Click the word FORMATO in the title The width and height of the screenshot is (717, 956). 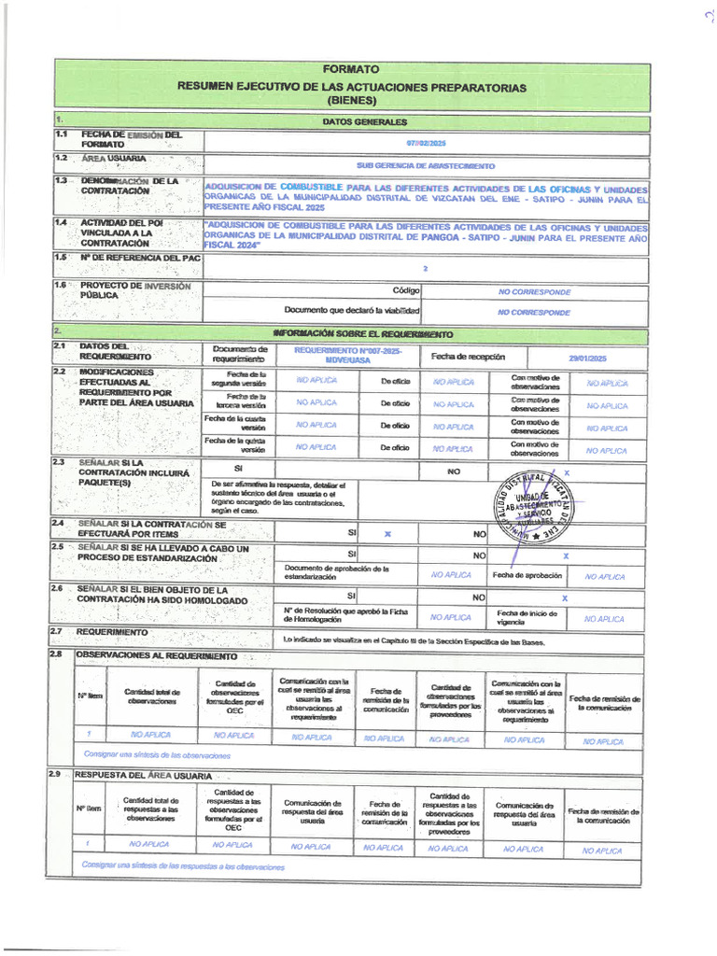pyautogui.click(x=351, y=69)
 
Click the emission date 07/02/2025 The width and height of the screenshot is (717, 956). pyautogui.click(x=427, y=142)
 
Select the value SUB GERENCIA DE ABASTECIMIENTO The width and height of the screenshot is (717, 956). pyautogui.click(x=426, y=165)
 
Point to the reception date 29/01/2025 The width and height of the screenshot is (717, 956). pyautogui.click(x=587, y=358)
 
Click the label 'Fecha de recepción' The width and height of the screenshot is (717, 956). pyautogui.click(x=468, y=357)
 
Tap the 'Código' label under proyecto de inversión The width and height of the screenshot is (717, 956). pyautogui.click(x=406, y=290)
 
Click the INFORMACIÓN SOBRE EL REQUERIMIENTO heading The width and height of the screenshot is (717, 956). pyautogui.click(x=363, y=333)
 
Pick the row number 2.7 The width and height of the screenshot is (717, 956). pyautogui.click(x=58, y=632)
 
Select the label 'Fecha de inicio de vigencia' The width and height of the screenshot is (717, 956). pyautogui.click(x=527, y=617)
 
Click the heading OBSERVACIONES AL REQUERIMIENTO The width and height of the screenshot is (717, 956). pyautogui.click(x=156, y=655)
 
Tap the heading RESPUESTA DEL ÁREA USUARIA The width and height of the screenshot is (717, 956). pyautogui.click(x=142, y=775)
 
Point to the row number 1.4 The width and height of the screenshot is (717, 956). pyautogui.click(x=61, y=223)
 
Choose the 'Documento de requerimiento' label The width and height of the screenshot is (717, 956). pyautogui.click(x=239, y=354)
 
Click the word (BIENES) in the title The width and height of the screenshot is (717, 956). pyautogui.click(x=351, y=100)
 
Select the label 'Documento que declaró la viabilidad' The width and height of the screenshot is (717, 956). pyautogui.click(x=352, y=309)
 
